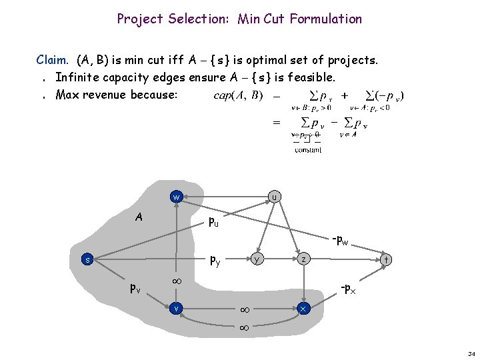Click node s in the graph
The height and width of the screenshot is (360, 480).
79,259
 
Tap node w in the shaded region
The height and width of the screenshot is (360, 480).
176,197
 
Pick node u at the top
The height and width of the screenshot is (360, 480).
273,197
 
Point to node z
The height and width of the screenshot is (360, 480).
303,259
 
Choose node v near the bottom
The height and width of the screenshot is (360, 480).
176,308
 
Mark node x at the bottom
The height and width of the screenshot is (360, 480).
303,309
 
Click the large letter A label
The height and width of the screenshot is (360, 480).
139,217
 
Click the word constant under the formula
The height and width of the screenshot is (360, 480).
308,150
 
